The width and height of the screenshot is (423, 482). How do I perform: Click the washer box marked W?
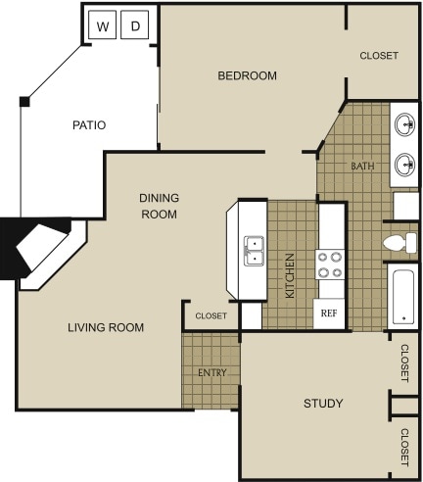(102, 26)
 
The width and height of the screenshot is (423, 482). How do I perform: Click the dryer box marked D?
(135, 26)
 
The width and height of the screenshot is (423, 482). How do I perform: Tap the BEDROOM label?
(247, 75)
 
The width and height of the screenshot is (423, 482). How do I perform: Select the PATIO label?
(89, 125)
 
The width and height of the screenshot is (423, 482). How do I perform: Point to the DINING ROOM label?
(159, 206)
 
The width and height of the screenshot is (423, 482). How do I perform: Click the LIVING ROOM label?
(106, 327)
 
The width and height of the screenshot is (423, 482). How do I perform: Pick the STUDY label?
(322, 404)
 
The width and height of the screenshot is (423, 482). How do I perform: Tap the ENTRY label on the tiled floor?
(211, 373)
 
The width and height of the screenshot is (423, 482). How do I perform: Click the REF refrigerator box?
(330, 314)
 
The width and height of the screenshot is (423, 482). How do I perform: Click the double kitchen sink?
(254, 250)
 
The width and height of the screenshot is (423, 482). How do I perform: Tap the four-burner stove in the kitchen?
(330, 265)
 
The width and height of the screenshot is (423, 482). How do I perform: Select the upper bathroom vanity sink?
(404, 124)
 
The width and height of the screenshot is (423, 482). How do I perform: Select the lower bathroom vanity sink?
(404, 164)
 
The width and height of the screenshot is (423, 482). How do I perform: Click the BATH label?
(362, 167)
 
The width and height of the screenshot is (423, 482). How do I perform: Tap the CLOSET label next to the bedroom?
(379, 56)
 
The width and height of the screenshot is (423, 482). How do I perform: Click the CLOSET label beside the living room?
(211, 316)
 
